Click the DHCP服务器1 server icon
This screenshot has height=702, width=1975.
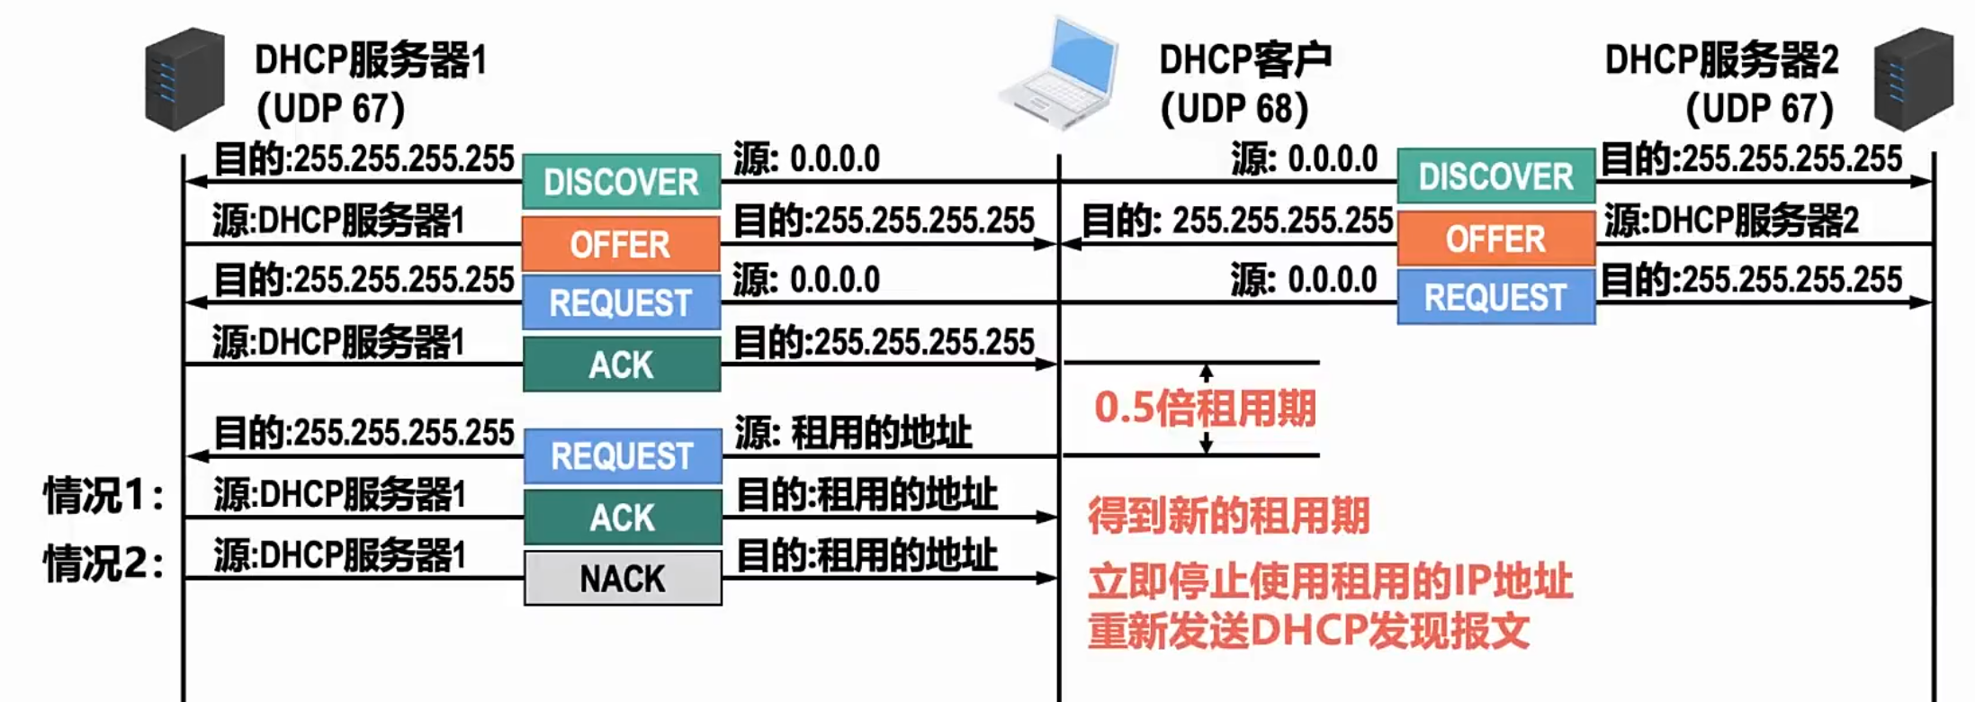[184, 79]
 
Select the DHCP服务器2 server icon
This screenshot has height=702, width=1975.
[1913, 79]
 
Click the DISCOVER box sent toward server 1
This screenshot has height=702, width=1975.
[621, 182]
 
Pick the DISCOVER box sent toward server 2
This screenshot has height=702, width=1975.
[1495, 176]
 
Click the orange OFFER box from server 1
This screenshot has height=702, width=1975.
[621, 244]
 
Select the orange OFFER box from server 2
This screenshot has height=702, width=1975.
[1495, 238]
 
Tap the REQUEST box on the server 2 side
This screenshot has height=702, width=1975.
[1495, 297]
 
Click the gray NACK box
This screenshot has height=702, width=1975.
[623, 579]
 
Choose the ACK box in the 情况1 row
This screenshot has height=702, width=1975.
[623, 517]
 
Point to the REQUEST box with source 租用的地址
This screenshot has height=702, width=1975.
[623, 456]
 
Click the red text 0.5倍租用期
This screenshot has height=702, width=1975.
[1205, 409]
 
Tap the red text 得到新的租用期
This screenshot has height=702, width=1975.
[1228, 517]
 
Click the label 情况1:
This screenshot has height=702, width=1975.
[104, 495]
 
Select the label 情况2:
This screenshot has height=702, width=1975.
[104, 563]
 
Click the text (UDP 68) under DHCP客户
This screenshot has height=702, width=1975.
[1234, 109]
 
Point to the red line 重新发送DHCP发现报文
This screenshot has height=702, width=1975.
[1308, 631]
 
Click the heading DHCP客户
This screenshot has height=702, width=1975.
[1245, 59]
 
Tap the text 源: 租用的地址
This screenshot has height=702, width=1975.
[853, 433]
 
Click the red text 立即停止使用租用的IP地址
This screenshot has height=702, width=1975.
[1330, 581]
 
